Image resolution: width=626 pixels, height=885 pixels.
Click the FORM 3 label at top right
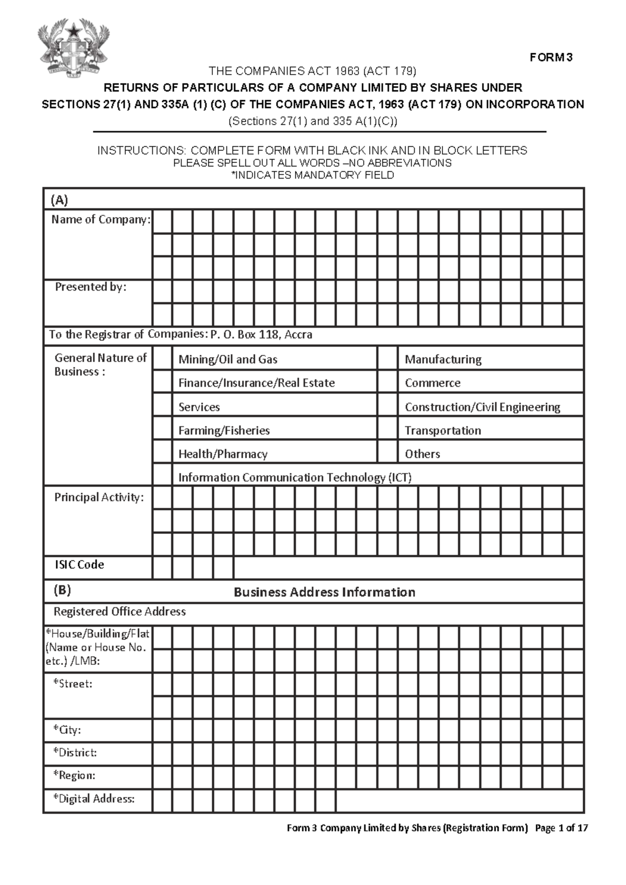click(551, 57)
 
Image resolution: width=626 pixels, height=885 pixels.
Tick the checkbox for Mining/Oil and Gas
click(162, 359)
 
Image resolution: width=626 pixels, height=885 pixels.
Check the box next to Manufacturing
click(388, 359)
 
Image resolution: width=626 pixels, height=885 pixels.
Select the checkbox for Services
click(162, 406)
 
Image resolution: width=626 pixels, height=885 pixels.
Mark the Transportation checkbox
click(388, 430)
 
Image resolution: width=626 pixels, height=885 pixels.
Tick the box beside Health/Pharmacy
click(162, 453)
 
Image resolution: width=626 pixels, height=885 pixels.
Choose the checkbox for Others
click(388, 453)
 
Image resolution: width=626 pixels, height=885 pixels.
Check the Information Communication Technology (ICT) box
click(162, 477)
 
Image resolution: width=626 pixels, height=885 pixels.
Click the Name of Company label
click(101, 220)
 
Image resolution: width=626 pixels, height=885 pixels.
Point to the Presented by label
click(91, 287)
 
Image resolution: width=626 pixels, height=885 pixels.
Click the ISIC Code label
click(79, 565)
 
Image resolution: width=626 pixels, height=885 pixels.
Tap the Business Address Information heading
click(324, 592)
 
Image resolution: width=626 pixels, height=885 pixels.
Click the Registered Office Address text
click(119, 612)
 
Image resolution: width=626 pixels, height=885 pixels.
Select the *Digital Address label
click(94, 798)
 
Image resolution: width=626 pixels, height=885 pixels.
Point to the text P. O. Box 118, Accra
click(261, 334)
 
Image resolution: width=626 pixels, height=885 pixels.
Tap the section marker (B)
click(62, 591)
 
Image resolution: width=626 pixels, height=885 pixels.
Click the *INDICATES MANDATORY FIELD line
click(312, 175)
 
